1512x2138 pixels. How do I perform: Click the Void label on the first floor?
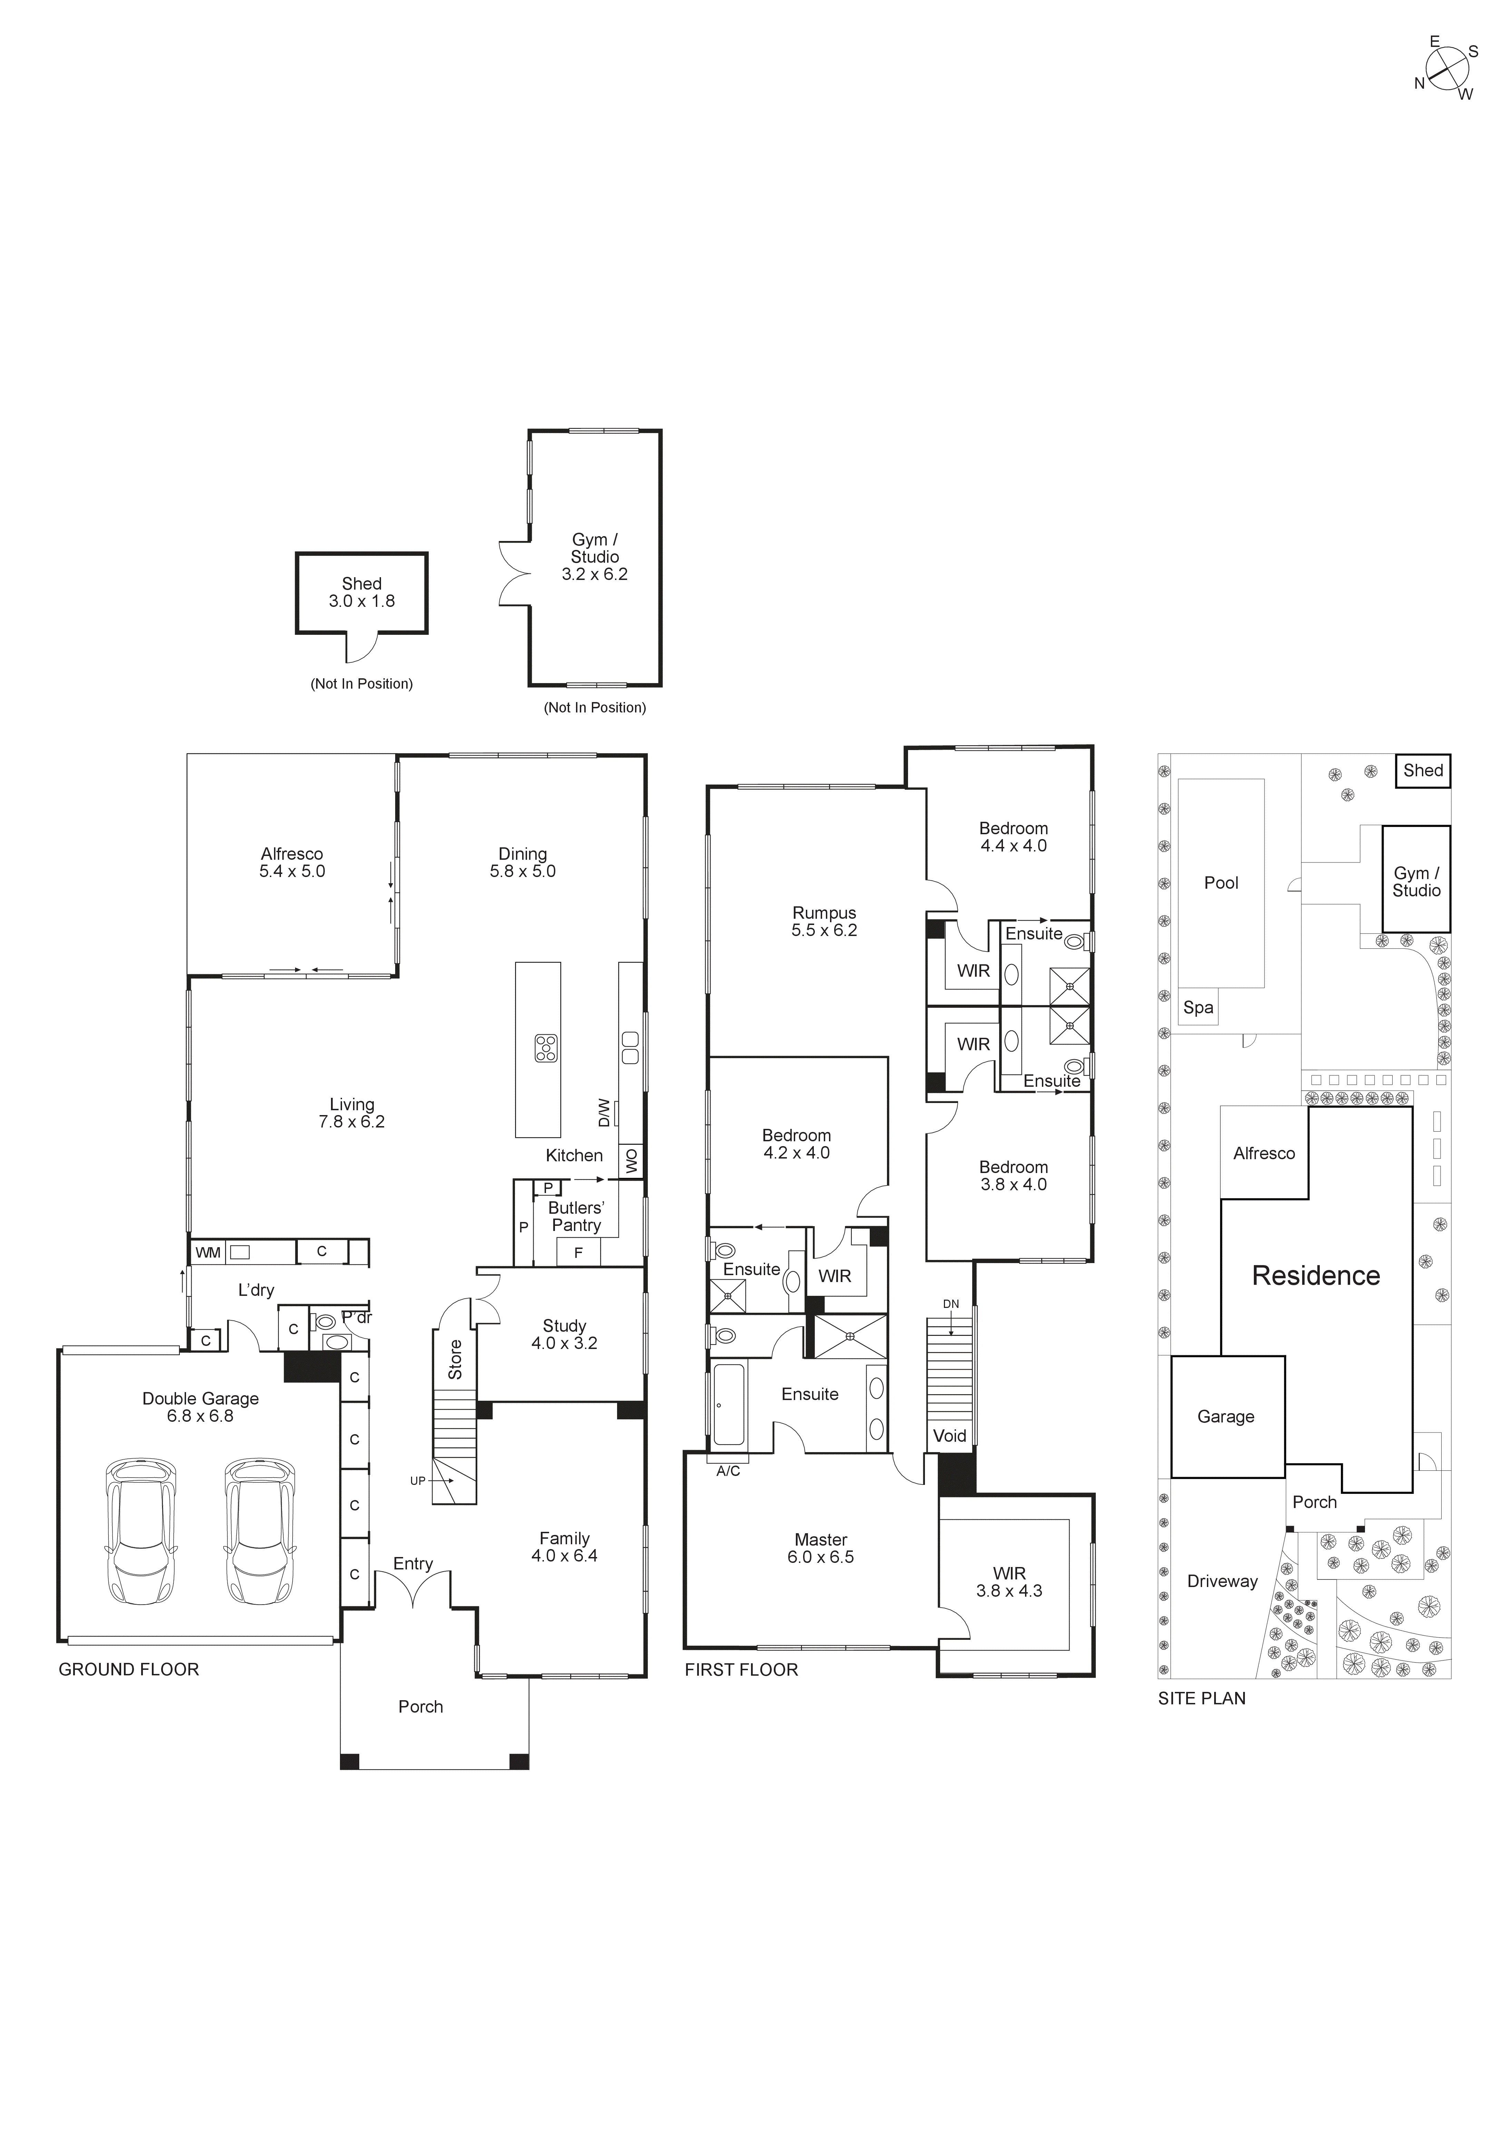pyautogui.click(x=949, y=1436)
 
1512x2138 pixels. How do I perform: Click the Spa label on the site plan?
pyautogui.click(x=1198, y=1007)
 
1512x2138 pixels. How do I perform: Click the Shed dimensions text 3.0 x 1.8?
pyautogui.click(x=361, y=602)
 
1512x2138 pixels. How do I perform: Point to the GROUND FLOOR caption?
pyautogui.click(x=129, y=1669)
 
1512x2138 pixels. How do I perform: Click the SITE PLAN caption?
pyautogui.click(x=1201, y=1698)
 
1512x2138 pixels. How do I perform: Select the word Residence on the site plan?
pyautogui.click(x=1315, y=1276)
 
